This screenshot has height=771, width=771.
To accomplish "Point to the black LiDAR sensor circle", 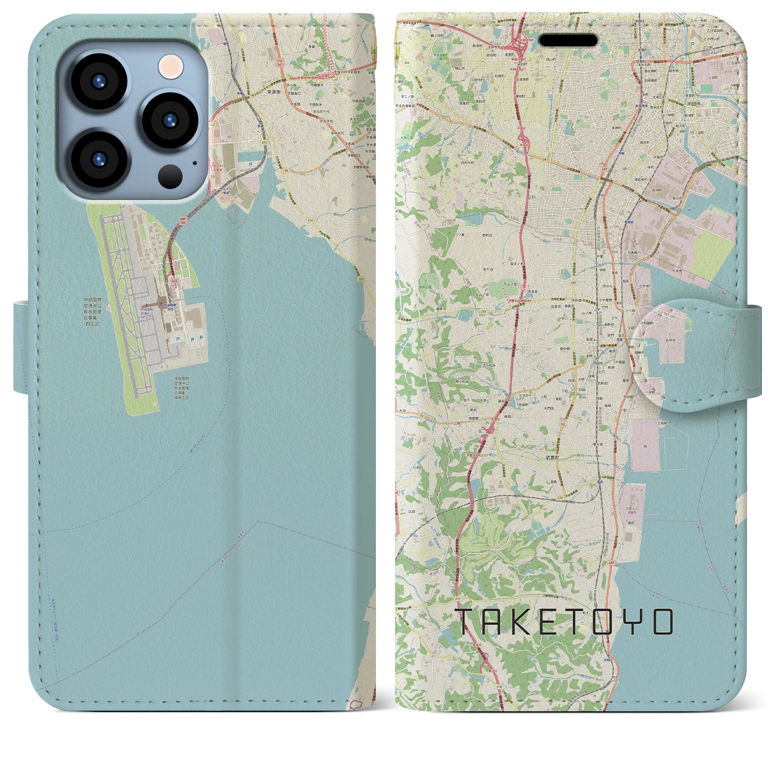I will tap(170, 176).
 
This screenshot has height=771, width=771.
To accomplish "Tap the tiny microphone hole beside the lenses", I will tap(194, 162).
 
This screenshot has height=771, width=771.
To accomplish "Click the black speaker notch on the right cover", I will tap(569, 40).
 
